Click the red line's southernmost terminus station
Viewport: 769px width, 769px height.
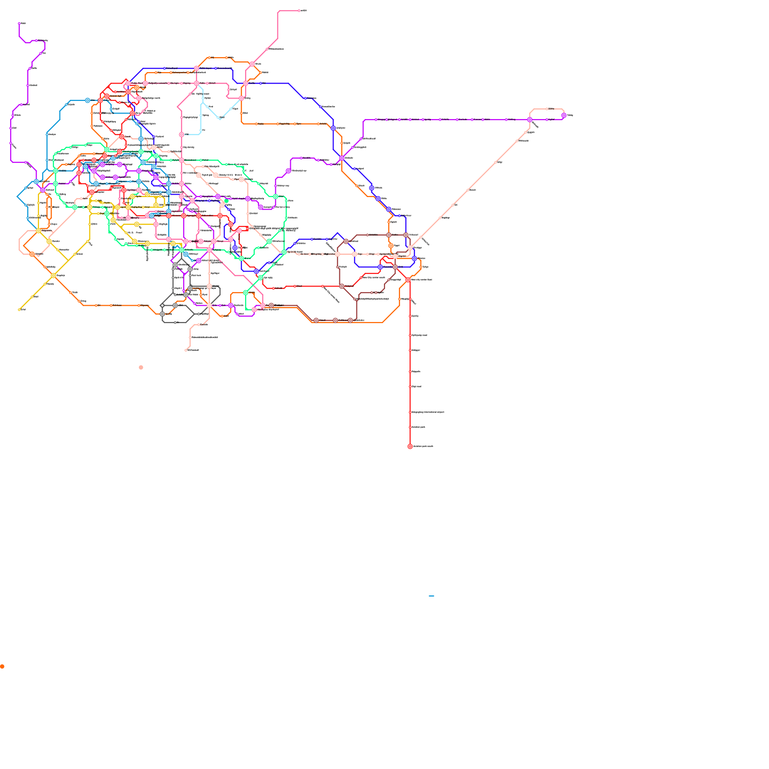point(410,447)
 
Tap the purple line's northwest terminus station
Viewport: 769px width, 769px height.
point(19,23)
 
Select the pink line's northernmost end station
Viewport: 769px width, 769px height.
point(299,11)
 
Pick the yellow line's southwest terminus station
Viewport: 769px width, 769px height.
point(19,310)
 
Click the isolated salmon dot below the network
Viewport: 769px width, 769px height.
point(141,368)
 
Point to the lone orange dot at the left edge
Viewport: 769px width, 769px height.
point(2,667)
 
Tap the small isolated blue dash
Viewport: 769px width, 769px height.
point(432,596)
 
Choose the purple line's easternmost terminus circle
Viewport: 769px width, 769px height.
point(564,115)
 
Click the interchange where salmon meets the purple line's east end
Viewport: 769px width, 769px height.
point(530,120)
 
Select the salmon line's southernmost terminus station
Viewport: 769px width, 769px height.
point(186,350)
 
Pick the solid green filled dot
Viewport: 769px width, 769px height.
point(226,201)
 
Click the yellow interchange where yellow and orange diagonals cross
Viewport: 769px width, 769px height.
point(53,275)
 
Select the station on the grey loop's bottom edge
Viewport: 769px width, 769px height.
point(175,322)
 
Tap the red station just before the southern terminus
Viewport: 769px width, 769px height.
point(410,427)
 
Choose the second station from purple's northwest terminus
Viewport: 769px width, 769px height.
point(37,40)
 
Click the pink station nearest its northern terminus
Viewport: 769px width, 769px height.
point(267,49)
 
